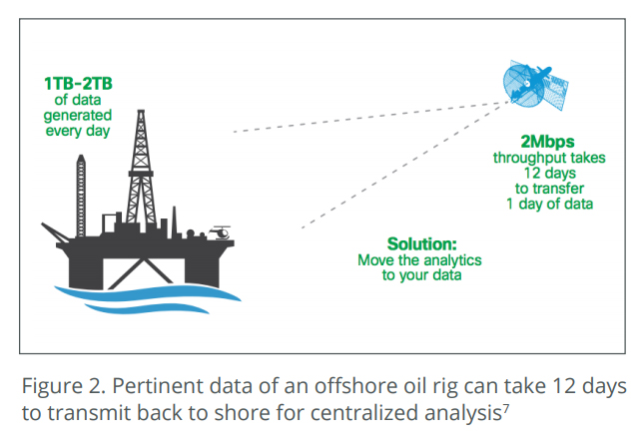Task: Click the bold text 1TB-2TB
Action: (x=78, y=84)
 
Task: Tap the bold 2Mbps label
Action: (x=547, y=142)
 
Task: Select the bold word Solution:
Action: (x=421, y=244)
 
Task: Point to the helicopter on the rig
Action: (x=220, y=232)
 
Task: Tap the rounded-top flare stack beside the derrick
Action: (x=81, y=196)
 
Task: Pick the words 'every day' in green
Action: (x=78, y=132)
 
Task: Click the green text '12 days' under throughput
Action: (x=549, y=173)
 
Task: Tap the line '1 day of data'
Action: (x=549, y=204)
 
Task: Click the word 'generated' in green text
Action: (x=78, y=116)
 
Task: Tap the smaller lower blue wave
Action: (x=147, y=308)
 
